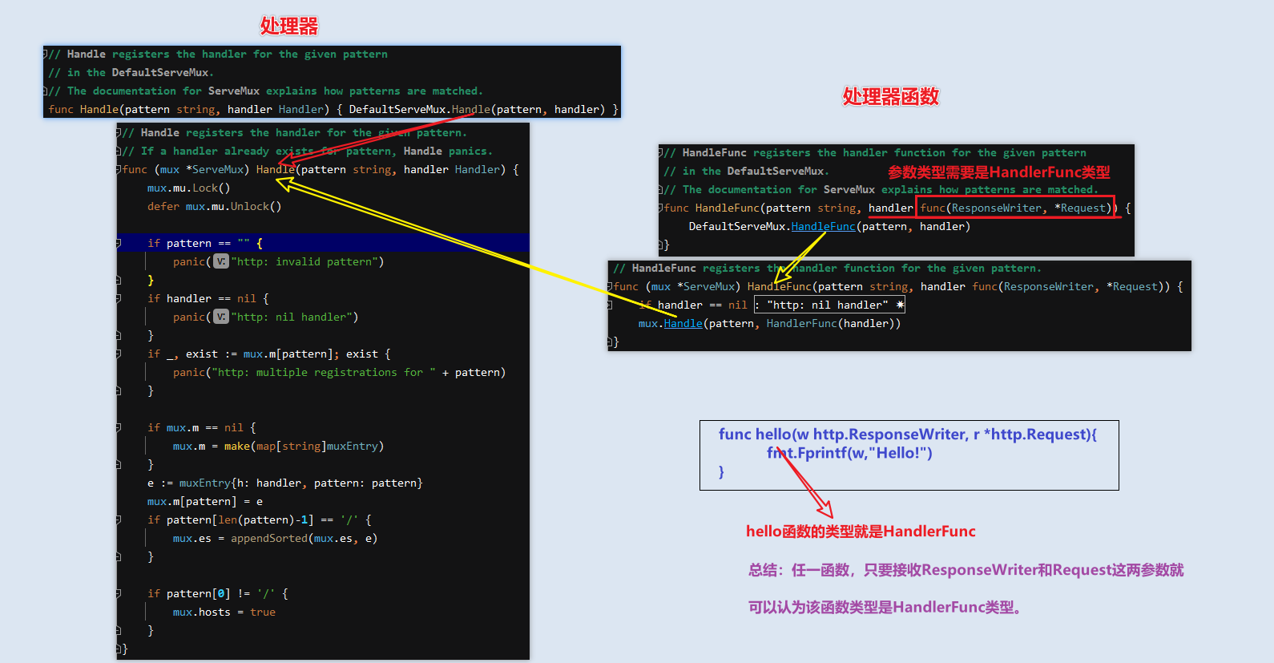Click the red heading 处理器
(x=289, y=26)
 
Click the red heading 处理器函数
(x=890, y=97)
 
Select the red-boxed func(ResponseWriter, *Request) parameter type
(x=1015, y=208)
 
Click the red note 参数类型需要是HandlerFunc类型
(x=998, y=172)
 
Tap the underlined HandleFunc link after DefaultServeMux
(x=823, y=227)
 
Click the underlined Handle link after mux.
(x=683, y=324)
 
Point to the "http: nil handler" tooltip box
(x=829, y=305)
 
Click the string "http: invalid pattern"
(x=308, y=262)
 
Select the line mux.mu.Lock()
(x=188, y=188)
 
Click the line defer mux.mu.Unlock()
(x=214, y=207)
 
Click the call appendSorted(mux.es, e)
(x=304, y=539)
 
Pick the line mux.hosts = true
(x=224, y=612)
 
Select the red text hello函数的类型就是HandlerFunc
(x=861, y=532)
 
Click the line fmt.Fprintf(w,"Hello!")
(x=849, y=454)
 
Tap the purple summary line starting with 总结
(x=966, y=570)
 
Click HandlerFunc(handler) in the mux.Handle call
(x=833, y=324)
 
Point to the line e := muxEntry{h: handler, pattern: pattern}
(x=284, y=483)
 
